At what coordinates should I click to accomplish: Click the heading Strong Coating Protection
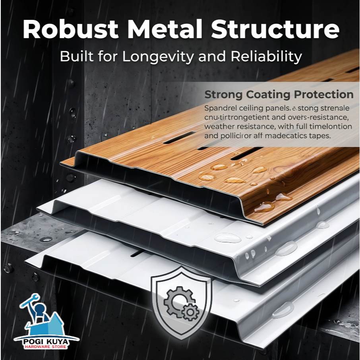point(279,95)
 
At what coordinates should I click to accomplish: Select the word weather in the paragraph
point(220,126)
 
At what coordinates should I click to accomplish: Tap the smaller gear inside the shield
point(191,312)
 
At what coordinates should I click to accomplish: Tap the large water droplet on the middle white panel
point(228,238)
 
